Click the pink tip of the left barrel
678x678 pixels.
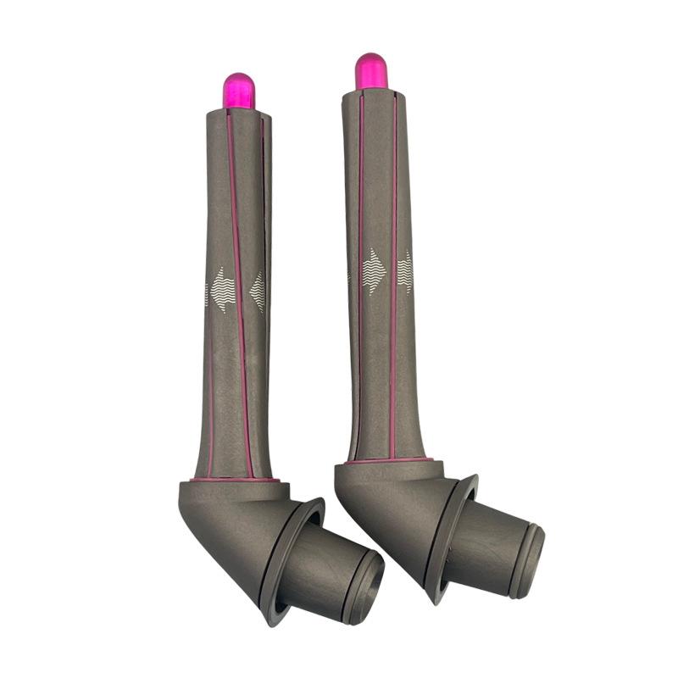(x=238, y=90)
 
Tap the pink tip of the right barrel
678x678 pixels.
(x=370, y=70)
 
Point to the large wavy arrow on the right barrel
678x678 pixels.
(x=374, y=272)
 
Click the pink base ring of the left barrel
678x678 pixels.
(x=233, y=480)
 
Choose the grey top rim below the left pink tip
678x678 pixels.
(x=238, y=114)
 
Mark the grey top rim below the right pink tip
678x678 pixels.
(x=373, y=93)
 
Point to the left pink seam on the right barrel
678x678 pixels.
(x=358, y=280)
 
